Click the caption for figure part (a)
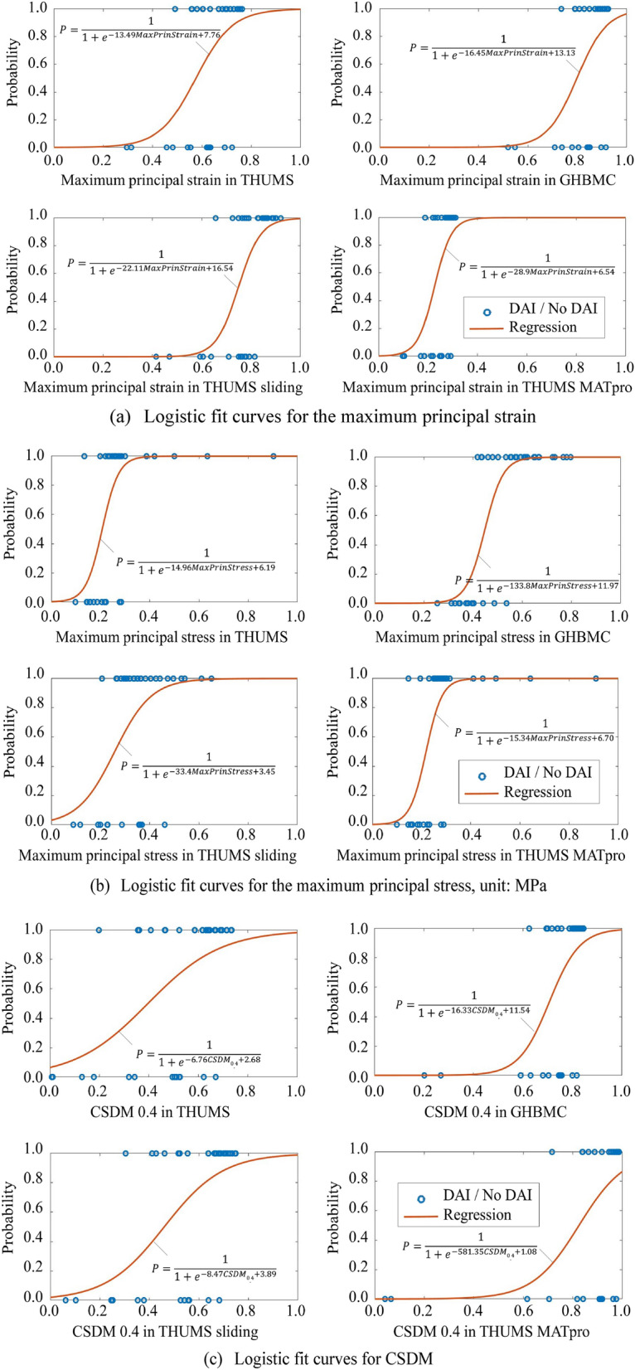322,416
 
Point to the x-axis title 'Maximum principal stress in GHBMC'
492,637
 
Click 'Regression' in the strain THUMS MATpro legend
542,327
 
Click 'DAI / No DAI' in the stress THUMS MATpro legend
547,772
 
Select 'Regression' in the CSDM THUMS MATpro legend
477,1215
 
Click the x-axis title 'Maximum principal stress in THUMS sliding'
158,855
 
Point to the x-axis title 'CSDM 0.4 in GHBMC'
495,1111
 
